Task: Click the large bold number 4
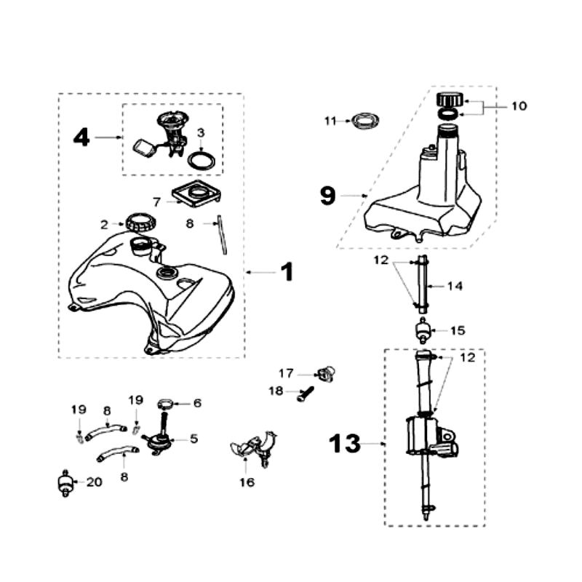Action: pos(81,137)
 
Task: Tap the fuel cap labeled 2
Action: pos(140,222)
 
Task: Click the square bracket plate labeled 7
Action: pos(196,194)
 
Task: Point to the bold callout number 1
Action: pos(287,272)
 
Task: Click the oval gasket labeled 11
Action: pos(366,121)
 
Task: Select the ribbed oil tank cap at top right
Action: pos(450,100)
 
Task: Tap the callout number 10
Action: pos(519,106)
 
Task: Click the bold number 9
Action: pos(328,196)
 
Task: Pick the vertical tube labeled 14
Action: pos(423,284)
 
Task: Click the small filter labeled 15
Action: pos(423,330)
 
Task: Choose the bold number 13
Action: pos(344,443)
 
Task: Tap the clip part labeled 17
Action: pos(327,373)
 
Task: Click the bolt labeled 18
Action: pos(306,394)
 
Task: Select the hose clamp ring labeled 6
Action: pos(166,404)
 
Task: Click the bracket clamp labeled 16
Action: pos(254,447)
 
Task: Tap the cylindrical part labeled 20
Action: pos(65,483)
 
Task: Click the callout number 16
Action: pos(247,482)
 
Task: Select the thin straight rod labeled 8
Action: pos(222,234)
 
